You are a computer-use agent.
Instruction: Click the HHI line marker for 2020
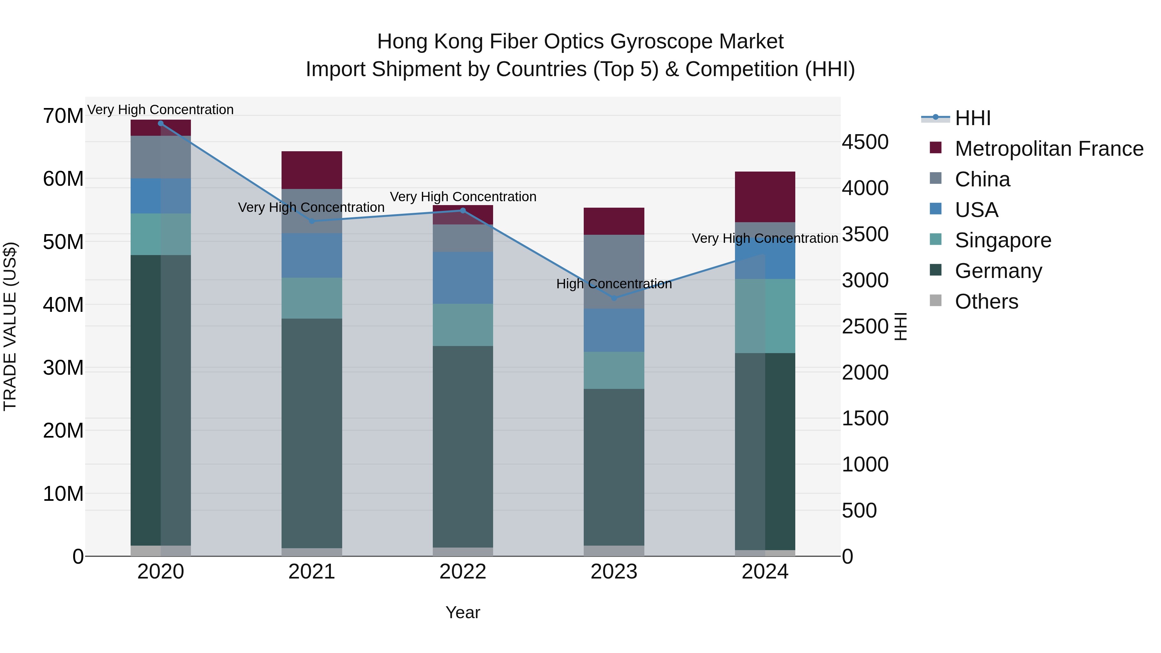(161, 123)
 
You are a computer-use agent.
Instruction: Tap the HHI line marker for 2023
(614, 298)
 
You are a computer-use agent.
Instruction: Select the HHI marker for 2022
(462, 211)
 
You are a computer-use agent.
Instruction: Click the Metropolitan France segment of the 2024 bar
(765, 197)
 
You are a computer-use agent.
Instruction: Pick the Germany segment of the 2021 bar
(312, 433)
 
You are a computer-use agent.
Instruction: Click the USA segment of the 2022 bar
(462, 278)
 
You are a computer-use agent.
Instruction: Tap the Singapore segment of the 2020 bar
(161, 234)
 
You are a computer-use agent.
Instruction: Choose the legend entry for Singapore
(1002, 240)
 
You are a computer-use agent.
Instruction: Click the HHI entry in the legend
(973, 118)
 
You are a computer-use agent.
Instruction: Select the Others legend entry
(986, 302)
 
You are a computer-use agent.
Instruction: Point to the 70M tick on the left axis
(63, 116)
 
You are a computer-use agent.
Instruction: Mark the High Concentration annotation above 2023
(614, 284)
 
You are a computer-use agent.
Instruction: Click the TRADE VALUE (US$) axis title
(10, 326)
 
